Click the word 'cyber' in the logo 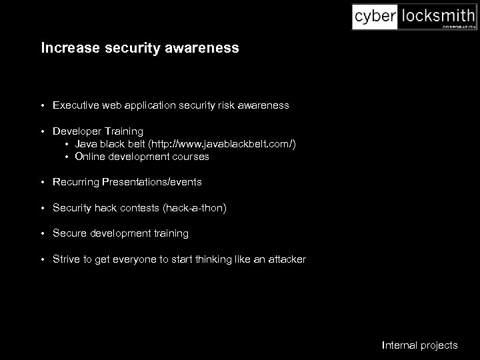pos(375,16)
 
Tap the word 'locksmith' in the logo pos(436,16)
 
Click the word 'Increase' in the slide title pos(70,48)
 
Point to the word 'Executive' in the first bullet pos(75,105)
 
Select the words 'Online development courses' pos(142,157)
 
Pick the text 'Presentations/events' pos(152,182)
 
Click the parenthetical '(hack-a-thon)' pos(195,208)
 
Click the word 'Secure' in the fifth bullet pos(69,233)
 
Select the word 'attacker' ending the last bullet pos(287,259)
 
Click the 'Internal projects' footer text pos(420,345)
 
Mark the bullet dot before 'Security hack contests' pos(42,208)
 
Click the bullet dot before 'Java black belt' pos(67,144)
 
